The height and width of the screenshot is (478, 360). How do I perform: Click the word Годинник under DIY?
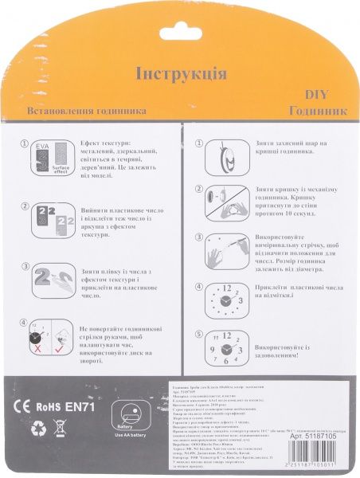tap(317, 111)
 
